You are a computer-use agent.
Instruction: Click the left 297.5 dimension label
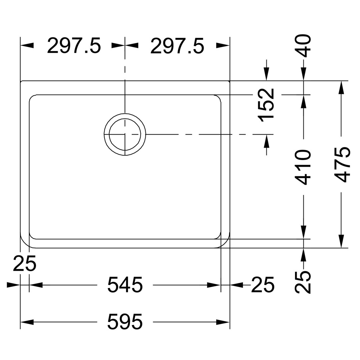pyautogui.click(x=74, y=46)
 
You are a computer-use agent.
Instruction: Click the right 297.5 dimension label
pyautogui.click(x=177, y=46)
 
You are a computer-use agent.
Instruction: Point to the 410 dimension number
pyautogui.click(x=304, y=167)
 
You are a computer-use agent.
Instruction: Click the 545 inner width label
pyautogui.click(x=125, y=285)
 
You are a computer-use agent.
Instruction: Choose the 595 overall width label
pyautogui.click(x=125, y=322)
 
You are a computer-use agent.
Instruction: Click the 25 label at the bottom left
pyautogui.click(x=25, y=264)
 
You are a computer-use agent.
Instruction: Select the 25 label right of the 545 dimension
pyautogui.click(x=263, y=285)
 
